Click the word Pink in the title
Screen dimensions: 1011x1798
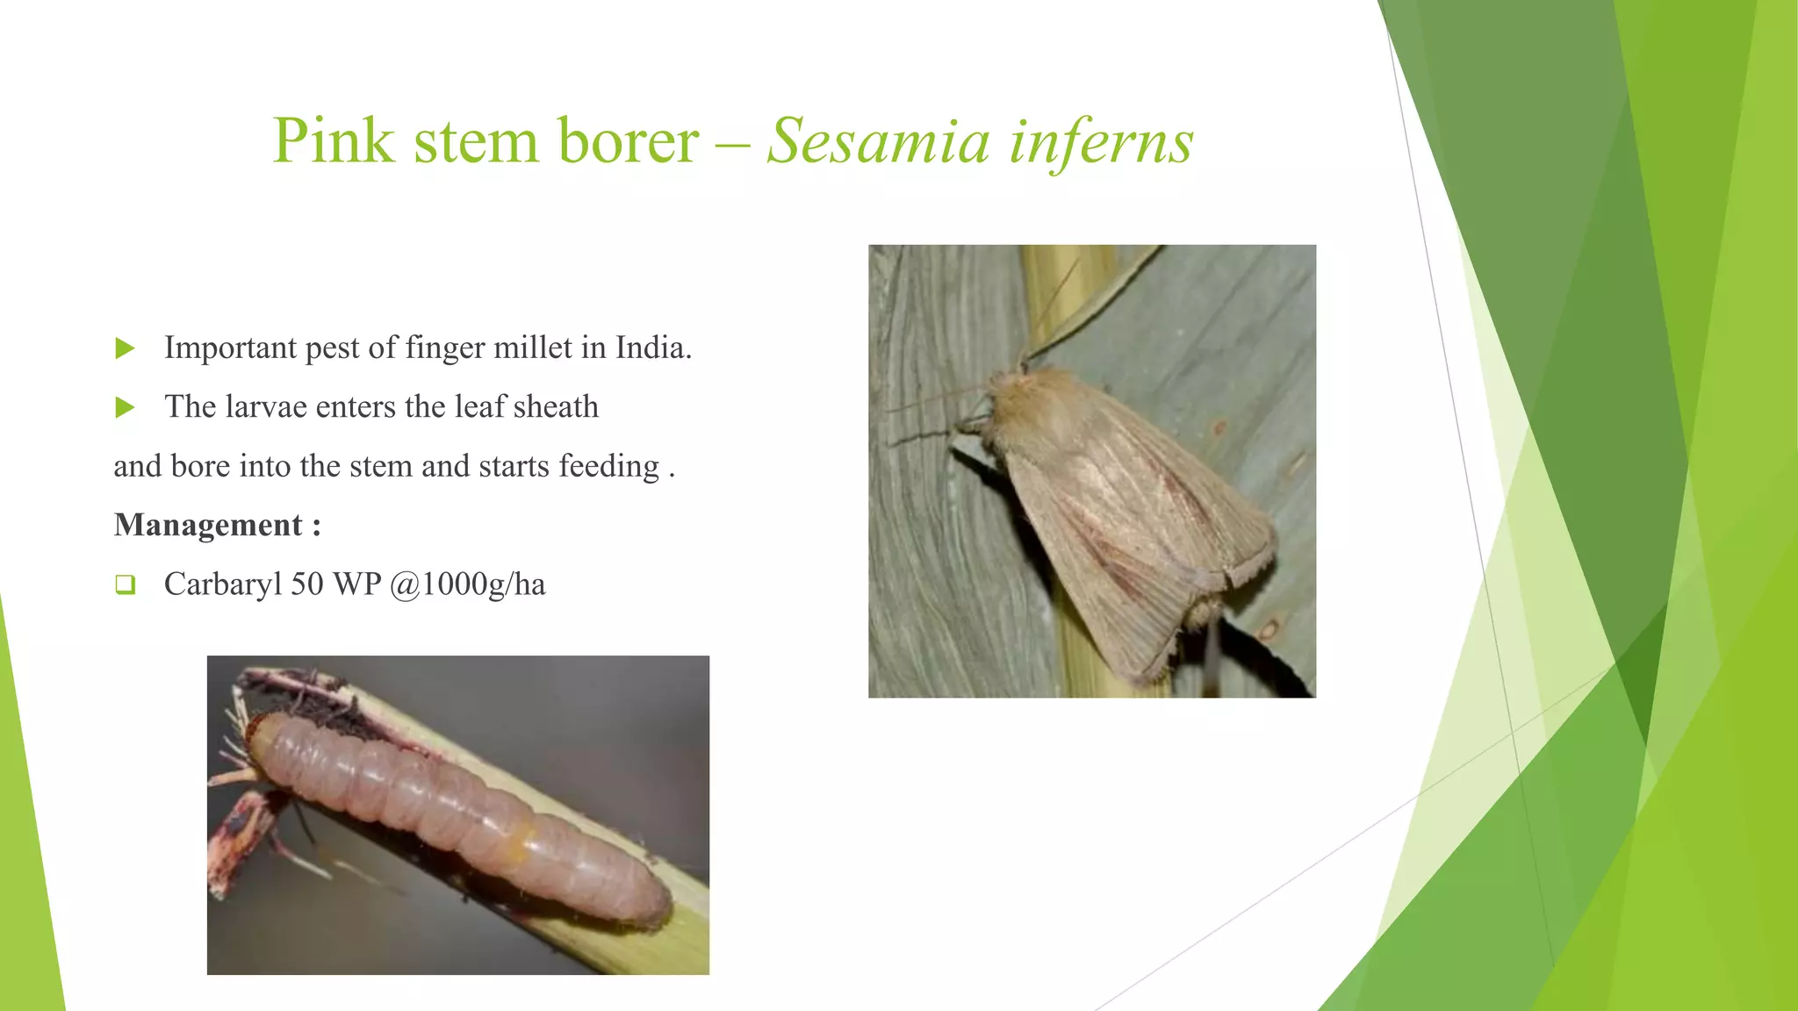coord(333,141)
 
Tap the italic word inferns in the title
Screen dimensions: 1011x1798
coord(1101,141)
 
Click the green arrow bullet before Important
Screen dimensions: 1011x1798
coord(126,349)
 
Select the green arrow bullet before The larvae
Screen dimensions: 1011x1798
coord(126,408)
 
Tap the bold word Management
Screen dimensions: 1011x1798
coord(208,525)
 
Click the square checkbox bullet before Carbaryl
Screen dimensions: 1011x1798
coord(126,584)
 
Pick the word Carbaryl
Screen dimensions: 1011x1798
coord(223,584)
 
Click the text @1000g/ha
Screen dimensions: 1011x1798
coord(467,584)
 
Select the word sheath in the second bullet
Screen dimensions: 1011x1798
coord(556,407)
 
